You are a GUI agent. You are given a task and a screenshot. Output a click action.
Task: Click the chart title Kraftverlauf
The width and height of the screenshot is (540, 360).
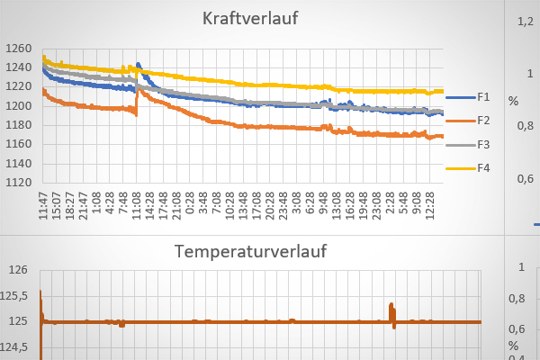(x=250, y=19)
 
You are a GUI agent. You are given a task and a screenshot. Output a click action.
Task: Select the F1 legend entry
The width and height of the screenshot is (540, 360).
(x=483, y=96)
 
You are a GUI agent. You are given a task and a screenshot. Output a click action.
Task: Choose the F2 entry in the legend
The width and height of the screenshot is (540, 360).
(x=483, y=120)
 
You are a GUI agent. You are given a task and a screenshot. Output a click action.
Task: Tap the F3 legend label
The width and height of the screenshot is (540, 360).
(x=483, y=144)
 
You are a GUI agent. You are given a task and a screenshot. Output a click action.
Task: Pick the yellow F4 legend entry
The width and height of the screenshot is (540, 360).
(x=483, y=167)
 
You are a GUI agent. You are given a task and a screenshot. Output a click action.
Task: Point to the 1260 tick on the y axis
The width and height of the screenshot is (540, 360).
(x=18, y=49)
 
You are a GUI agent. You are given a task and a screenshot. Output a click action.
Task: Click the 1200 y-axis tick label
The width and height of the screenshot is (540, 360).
(x=18, y=106)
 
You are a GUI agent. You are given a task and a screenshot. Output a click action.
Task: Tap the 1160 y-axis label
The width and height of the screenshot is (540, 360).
(x=18, y=144)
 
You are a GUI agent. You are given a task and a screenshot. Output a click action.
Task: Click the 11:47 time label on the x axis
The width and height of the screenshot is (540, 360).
(x=44, y=203)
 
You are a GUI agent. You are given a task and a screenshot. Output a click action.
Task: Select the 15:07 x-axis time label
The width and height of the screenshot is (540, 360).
(x=56, y=203)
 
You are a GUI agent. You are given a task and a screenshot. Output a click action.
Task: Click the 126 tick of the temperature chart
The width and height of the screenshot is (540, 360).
(x=20, y=269)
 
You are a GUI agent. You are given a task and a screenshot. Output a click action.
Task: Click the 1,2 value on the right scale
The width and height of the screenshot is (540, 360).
(x=525, y=22)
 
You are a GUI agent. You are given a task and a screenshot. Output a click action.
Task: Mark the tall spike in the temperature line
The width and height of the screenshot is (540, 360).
(x=391, y=305)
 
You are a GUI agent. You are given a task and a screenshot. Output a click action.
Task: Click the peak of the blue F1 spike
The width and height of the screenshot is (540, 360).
(x=138, y=64)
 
